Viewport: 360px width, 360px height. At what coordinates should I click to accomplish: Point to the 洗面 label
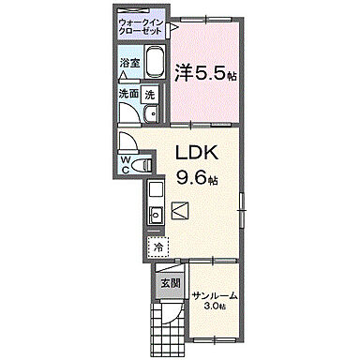pos(128,94)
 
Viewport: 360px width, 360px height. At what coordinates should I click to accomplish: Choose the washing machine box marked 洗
pos(152,94)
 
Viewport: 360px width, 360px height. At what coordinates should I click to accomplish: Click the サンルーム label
pos(215,296)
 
